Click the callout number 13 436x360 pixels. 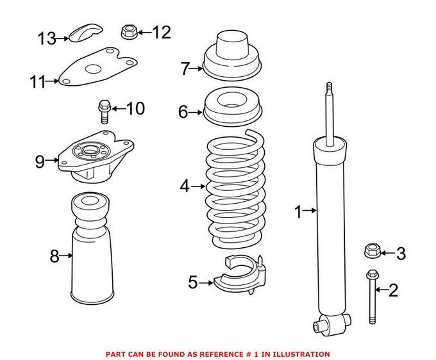click(47, 38)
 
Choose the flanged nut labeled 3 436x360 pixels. click(370, 251)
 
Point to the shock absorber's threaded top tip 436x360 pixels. click(329, 88)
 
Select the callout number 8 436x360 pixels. click(55, 257)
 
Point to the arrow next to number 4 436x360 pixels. click(199, 186)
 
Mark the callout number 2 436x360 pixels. click(393, 291)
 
